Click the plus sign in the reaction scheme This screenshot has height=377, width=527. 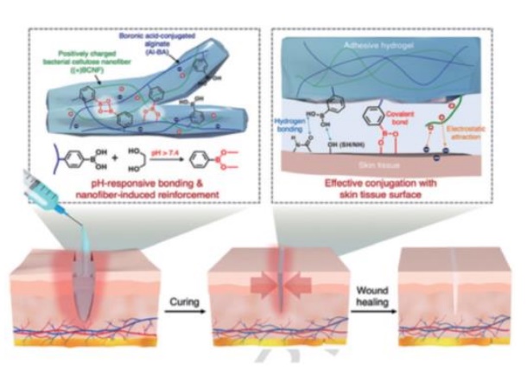pyautogui.click(x=113, y=160)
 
